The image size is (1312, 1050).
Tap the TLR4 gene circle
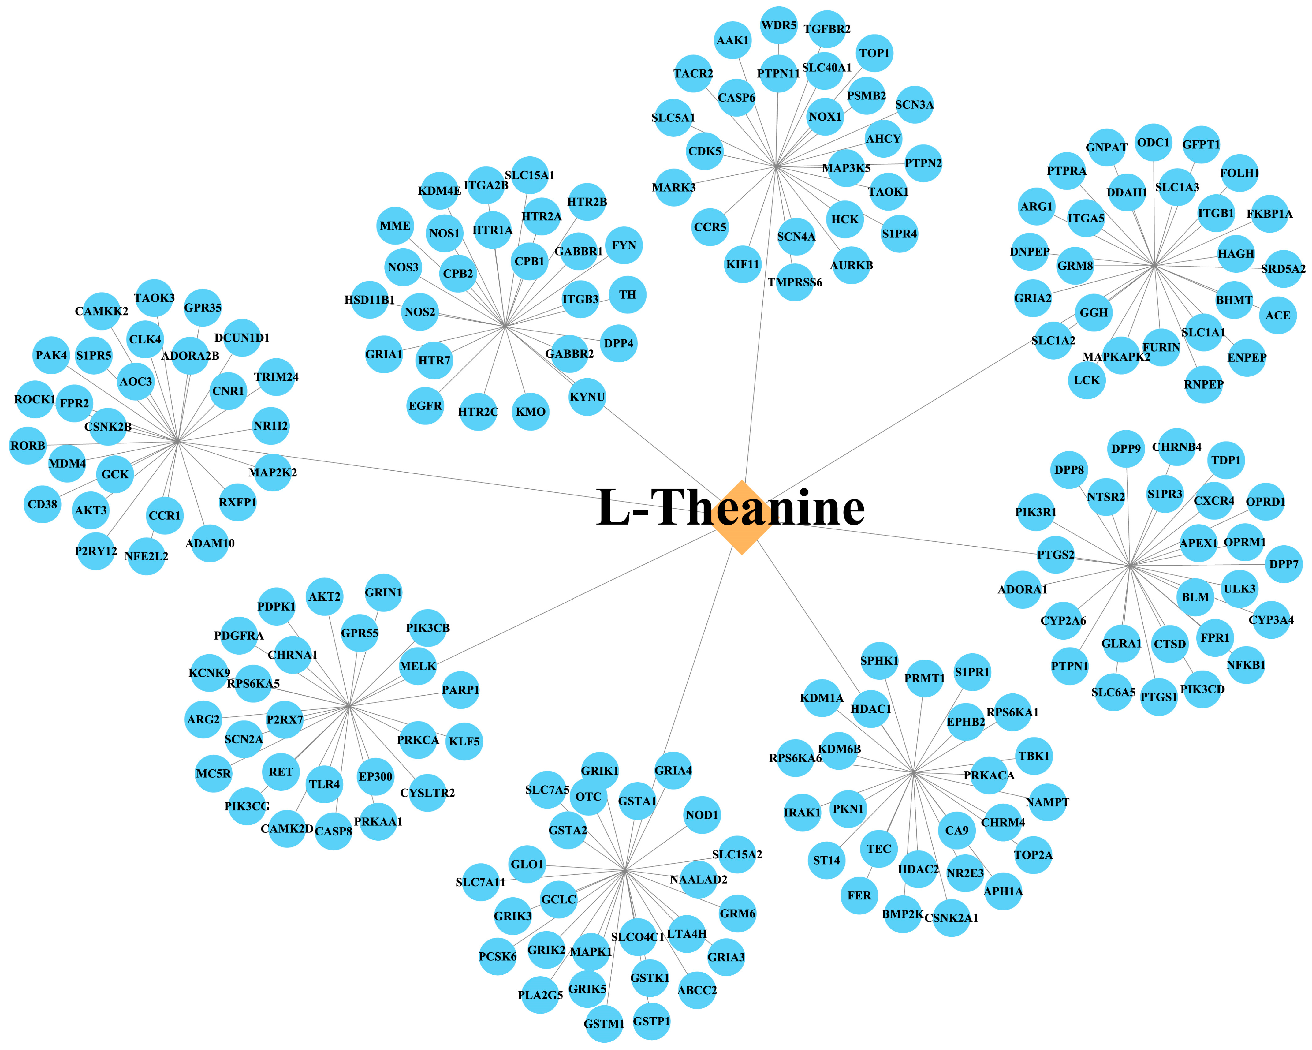[x=324, y=784]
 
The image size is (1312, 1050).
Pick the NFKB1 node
[x=1246, y=665]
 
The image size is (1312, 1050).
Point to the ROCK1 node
[x=35, y=399]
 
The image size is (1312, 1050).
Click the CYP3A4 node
[x=1271, y=620]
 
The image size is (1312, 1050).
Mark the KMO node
[x=531, y=412]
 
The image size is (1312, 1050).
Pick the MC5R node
[x=214, y=774]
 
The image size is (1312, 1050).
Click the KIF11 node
[x=743, y=264]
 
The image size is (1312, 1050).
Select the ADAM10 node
[x=210, y=543]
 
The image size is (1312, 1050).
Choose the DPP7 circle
[x=1284, y=564]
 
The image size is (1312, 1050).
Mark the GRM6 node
[x=738, y=913]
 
